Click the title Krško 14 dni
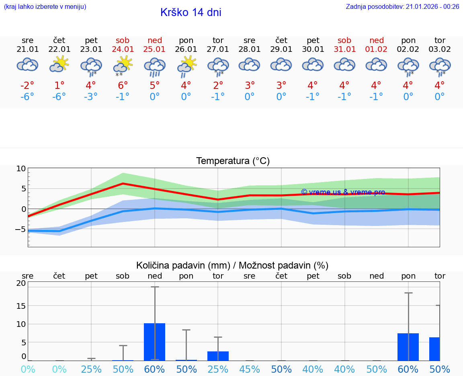pos(191,12)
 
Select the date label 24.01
pos(123,49)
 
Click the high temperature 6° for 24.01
pos(123,85)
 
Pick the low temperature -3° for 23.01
pos(91,97)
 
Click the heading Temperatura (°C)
pos(233,161)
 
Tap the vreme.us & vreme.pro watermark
pos(343,192)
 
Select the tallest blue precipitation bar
pos(155,342)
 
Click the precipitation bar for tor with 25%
pos(218,356)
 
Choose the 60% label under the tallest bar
pos(155,369)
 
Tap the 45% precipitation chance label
pos(250,369)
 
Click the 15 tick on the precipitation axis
pos(21,306)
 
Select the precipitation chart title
pos(232,265)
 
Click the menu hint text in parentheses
pos(45,6)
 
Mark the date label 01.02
pos(377,49)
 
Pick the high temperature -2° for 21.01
pos(27,85)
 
